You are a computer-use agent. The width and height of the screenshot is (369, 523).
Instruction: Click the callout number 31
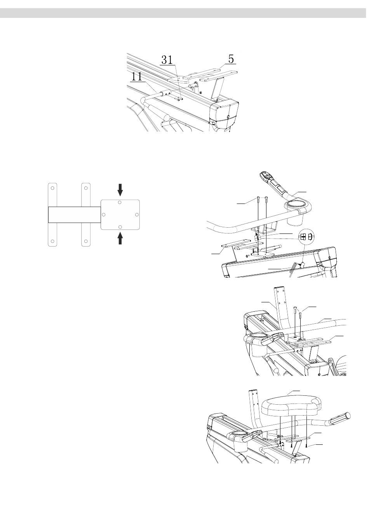pos(167,60)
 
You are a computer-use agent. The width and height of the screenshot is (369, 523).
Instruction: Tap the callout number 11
pos(137,77)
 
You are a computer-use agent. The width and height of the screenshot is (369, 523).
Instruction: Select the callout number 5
pos(231,59)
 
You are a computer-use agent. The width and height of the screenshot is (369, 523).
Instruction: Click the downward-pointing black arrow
pos(120,190)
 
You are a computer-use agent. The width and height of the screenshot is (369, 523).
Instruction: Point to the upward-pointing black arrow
pos(120,239)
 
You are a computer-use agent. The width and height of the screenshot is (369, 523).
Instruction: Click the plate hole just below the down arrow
pos(120,202)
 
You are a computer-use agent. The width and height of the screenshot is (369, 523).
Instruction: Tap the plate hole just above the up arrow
pos(120,227)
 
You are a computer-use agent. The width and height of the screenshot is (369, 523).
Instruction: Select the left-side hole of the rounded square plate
pos(104,214)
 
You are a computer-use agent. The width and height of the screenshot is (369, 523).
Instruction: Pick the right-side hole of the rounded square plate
pos(137,214)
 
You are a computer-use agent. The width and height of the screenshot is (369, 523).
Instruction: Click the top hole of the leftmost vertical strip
pos(53,188)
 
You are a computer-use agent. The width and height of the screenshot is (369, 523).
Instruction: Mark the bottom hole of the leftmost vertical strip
pos(53,241)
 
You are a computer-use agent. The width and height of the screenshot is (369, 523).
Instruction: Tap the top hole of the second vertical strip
pos(86,188)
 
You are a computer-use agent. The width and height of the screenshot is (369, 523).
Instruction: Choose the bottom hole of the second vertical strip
pos(86,241)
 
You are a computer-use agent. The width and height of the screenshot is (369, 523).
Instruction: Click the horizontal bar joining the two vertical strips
pos(75,214)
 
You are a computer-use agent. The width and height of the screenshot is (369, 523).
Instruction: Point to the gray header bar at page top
pos(183,13)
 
